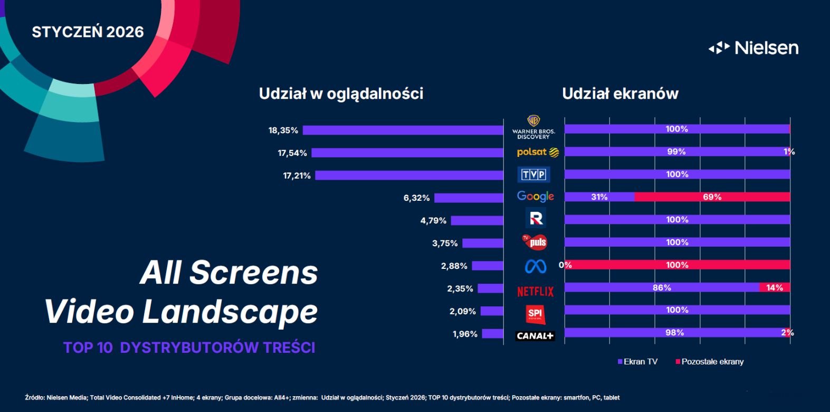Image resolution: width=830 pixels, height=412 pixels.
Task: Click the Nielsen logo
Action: tap(753, 48)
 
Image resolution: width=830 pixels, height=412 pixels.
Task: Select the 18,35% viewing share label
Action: tap(283, 130)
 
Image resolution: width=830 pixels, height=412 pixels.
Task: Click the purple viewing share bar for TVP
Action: tap(409, 175)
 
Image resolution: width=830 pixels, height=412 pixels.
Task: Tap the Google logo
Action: tap(535, 196)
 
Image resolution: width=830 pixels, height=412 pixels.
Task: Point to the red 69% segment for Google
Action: tap(712, 197)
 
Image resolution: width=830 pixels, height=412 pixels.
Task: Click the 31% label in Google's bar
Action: tap(599, 197)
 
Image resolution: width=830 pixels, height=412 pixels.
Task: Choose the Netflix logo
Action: tap(535, 291)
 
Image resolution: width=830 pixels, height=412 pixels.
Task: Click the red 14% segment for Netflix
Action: tap(774, 288)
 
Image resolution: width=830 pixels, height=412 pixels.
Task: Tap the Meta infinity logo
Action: tap(535, 266)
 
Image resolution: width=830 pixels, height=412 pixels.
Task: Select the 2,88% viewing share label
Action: tap(454, 266)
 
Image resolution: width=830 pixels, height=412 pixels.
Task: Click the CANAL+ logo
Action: tap(535, 336)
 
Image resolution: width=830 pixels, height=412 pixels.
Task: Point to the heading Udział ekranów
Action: tap(620, 94)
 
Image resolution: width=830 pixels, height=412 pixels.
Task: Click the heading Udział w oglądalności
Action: tap(341, 94)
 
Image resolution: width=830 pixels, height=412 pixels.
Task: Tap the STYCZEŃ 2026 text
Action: tap(88, 32)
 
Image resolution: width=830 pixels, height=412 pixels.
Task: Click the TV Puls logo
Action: tap(535, 242)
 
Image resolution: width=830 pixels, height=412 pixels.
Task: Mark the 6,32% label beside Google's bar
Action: tap(416, 198)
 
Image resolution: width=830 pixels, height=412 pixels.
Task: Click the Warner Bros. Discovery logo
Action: tap(533, 127)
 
